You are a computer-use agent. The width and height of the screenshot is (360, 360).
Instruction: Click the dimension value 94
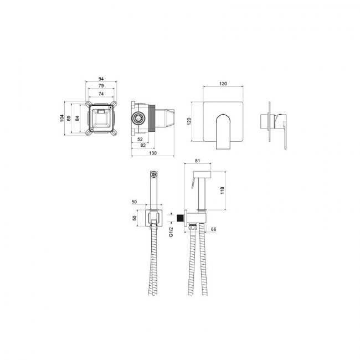tap(101, 79)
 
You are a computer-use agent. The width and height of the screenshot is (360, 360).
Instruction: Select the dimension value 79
tap(101, 86)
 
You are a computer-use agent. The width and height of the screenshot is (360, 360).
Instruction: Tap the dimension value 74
tap(101, 94)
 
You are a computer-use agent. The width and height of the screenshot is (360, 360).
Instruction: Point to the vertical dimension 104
tap(61, 118)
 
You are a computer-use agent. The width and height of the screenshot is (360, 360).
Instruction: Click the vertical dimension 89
tap(69, 118)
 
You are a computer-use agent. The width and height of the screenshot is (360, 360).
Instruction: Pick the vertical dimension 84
tap(77, 118)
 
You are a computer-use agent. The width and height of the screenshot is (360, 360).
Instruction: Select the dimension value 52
tap(140, 139)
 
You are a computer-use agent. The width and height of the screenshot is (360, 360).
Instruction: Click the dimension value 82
tap(143, 145)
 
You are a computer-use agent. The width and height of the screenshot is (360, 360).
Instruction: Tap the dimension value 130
tap(153, 153)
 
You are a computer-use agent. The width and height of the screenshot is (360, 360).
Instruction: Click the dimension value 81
tap(198, 161)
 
